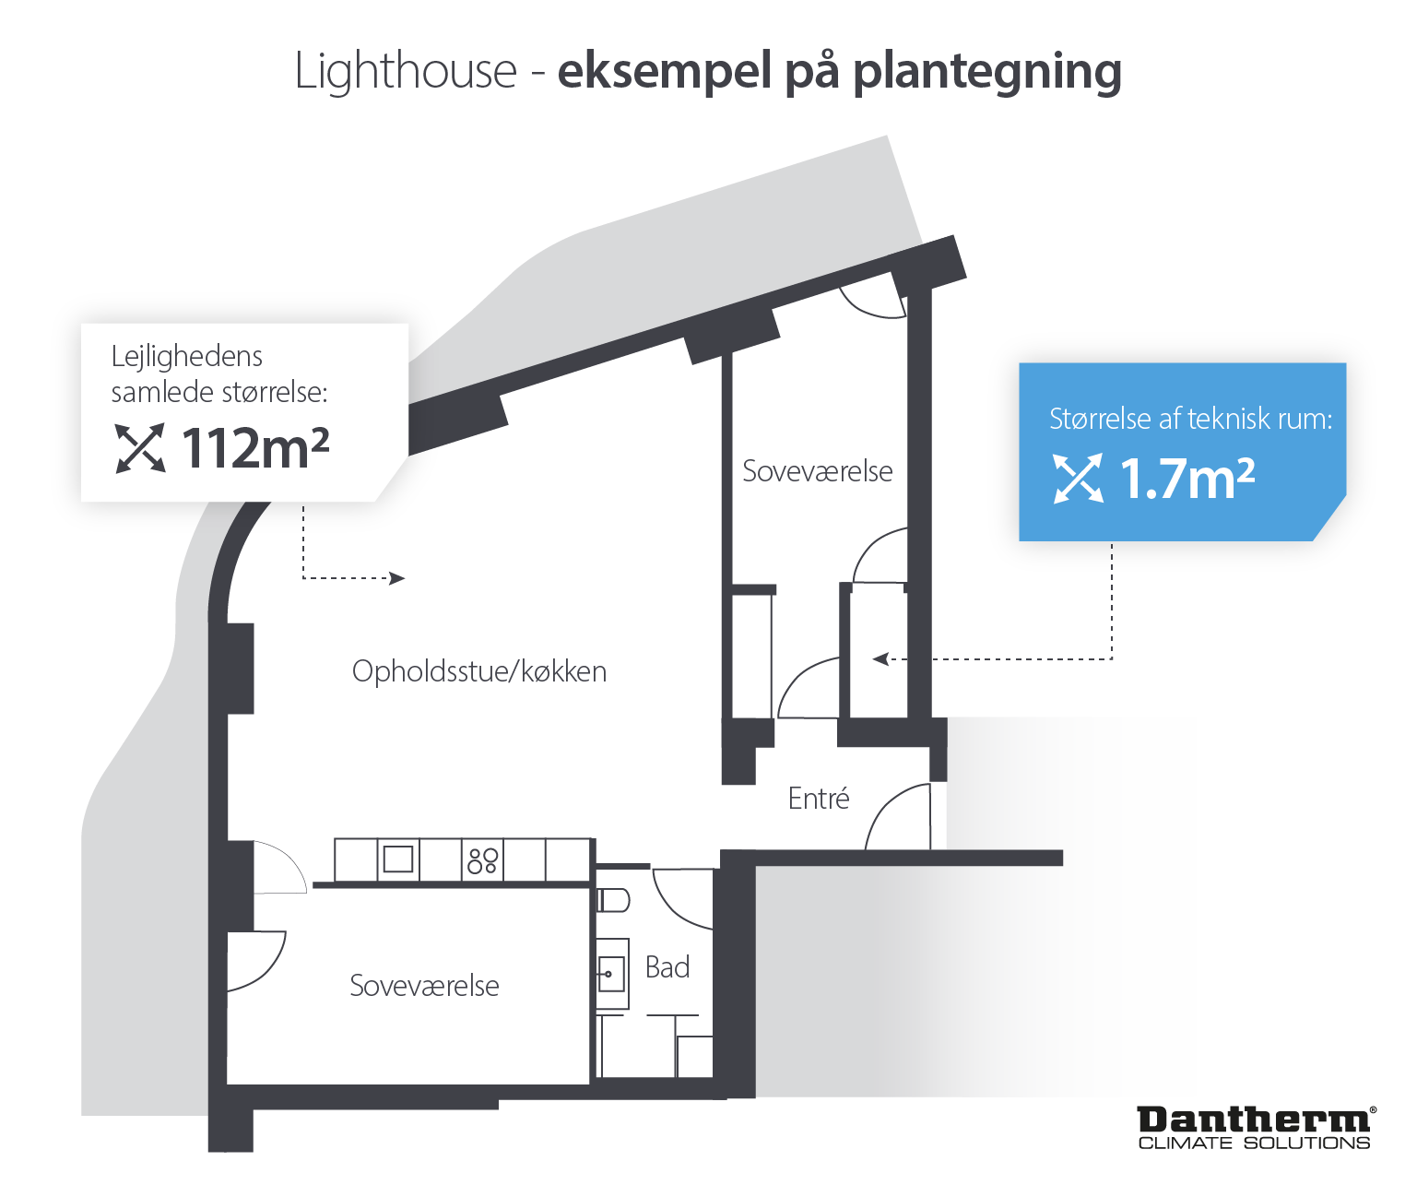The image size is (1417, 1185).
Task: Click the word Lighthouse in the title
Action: click(x=405, y=71)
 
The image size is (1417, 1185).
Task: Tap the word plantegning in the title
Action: click(x=986, y=72)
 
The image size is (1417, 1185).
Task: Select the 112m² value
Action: click(x=255, y=448)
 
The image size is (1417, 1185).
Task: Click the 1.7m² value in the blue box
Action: click(x=1187, y=479)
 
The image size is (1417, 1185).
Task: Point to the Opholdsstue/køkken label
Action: click(x=479, y=672)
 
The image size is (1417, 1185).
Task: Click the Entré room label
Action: click(x=819, y=798)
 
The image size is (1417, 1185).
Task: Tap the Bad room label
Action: click(x=667, y=967)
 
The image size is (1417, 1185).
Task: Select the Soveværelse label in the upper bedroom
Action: click(x=817, y=471)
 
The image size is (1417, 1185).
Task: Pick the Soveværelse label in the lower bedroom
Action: click(x=424, y=986)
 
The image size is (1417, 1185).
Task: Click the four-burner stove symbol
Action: click(x=482, y=860)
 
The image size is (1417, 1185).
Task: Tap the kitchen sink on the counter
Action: click(x=398, y=859)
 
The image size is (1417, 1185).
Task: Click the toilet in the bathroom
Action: click(x=613, y=900)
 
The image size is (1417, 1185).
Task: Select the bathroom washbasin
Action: click(x=612, y=974)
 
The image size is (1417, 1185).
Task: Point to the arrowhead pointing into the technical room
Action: click(x=880, y=659)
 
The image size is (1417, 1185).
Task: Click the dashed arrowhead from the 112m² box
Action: click(x=397, y=578)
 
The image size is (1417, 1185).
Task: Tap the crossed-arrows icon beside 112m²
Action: click(x=140, y=448)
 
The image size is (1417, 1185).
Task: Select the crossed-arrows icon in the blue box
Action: click(x=1078, y=479)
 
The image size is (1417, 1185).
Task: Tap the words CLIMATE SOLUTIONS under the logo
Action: click(x=1254, y=1144)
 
